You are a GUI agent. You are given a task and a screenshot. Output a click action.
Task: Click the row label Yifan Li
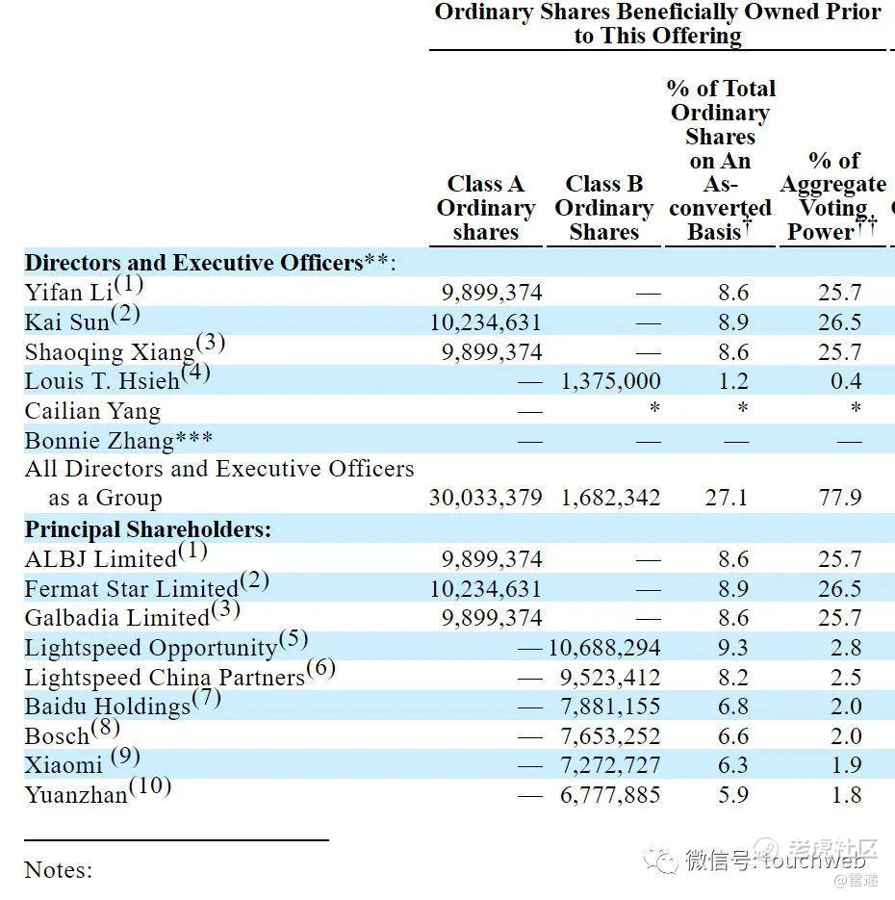[x=69, y=293]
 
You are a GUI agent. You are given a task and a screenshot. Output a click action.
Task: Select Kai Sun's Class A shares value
[x=486, y=322]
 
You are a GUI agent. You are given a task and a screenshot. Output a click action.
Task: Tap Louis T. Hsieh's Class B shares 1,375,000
[x=610, y=381]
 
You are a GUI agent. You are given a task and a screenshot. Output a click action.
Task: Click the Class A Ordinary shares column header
[x=485, y=208]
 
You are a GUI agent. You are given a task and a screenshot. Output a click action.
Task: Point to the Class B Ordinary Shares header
[x=603, y=208]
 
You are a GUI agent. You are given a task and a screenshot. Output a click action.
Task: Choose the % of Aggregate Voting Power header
[x=833, y=196]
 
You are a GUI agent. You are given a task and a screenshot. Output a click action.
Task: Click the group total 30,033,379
[x=486, y=499]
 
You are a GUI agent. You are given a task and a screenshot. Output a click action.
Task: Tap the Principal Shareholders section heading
[x=147, y=529]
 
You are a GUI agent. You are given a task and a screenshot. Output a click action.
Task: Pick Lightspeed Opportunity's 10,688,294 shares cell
[x=604, y=648]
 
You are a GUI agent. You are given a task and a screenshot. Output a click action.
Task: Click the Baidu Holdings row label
[x=107, y=707]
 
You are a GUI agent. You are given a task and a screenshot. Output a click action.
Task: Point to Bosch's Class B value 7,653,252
[x=610, y=736]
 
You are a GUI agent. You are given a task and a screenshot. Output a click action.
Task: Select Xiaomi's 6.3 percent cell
[x=732, y=765]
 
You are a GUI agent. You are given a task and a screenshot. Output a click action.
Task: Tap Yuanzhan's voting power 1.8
[x=846, y=795]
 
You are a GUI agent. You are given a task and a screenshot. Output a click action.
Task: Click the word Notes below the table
[x=58, y=870]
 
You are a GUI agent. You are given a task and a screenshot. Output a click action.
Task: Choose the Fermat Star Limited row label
[x=131, y=588]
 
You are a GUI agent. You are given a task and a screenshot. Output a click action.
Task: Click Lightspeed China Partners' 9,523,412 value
[x=610, y=678]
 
